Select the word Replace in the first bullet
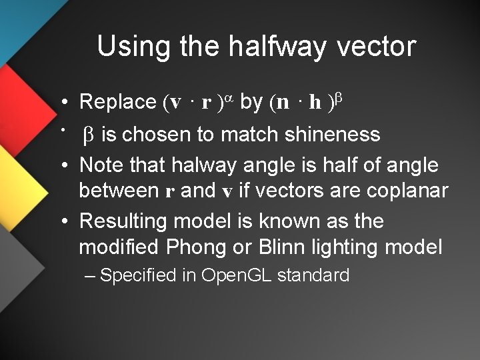117,102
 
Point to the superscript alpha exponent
228,97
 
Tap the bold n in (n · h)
283,103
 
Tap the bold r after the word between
170,192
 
